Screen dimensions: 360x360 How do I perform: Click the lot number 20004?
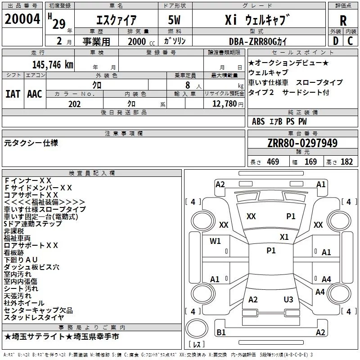click(x=22, y=19)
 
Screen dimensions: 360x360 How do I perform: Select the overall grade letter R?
click(x=343, y=21)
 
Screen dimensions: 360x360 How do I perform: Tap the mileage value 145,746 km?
click(x=53, y=65)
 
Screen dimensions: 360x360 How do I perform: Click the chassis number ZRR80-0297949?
click(x=302, y=143)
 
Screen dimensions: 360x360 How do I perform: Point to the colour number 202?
click(x=74, y=104)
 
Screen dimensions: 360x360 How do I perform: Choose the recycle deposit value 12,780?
click(x=224, y=104)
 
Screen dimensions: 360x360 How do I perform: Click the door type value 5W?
click(x=174, y=20)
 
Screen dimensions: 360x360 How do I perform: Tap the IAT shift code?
click(x=13, y=94)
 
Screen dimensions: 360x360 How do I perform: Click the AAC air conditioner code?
click(x=35, y=94)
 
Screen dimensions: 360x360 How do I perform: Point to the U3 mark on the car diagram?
click(x=288, y=299)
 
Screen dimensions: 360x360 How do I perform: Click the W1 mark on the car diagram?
click(x=215, y=241)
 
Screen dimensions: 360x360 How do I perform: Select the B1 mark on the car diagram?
click(x=221, y=332)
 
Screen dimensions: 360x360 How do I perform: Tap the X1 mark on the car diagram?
click(x=284, y=237)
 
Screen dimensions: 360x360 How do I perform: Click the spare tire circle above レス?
click(x=197, y=328)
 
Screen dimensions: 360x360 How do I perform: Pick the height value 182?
click(x=346, y=162)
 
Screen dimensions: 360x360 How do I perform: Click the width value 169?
click(x=310, y=162)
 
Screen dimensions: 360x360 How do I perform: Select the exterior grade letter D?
click(x=336, y=41)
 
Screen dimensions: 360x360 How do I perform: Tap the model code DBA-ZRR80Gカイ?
click(x=258, y=41)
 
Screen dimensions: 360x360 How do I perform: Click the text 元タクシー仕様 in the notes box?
click(x=31, y=143)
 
